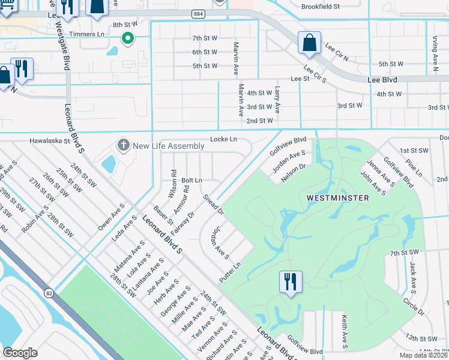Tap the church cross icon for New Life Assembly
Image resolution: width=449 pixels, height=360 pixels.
123,145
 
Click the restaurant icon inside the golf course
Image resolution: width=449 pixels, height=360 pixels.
291,281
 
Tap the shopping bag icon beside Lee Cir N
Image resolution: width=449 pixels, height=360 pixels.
309,43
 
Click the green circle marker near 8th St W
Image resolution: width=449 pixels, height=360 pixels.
127,39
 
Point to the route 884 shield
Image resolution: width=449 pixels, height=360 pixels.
199,13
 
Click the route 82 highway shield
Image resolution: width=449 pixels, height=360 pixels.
49,292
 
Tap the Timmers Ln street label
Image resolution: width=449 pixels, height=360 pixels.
87,34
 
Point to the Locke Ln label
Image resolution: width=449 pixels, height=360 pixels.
223,139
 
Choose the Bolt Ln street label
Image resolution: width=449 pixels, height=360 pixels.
191,180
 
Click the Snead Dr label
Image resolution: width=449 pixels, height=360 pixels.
213,205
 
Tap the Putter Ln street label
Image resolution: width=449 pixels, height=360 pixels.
229,272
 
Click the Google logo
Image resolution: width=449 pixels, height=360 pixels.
20,352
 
